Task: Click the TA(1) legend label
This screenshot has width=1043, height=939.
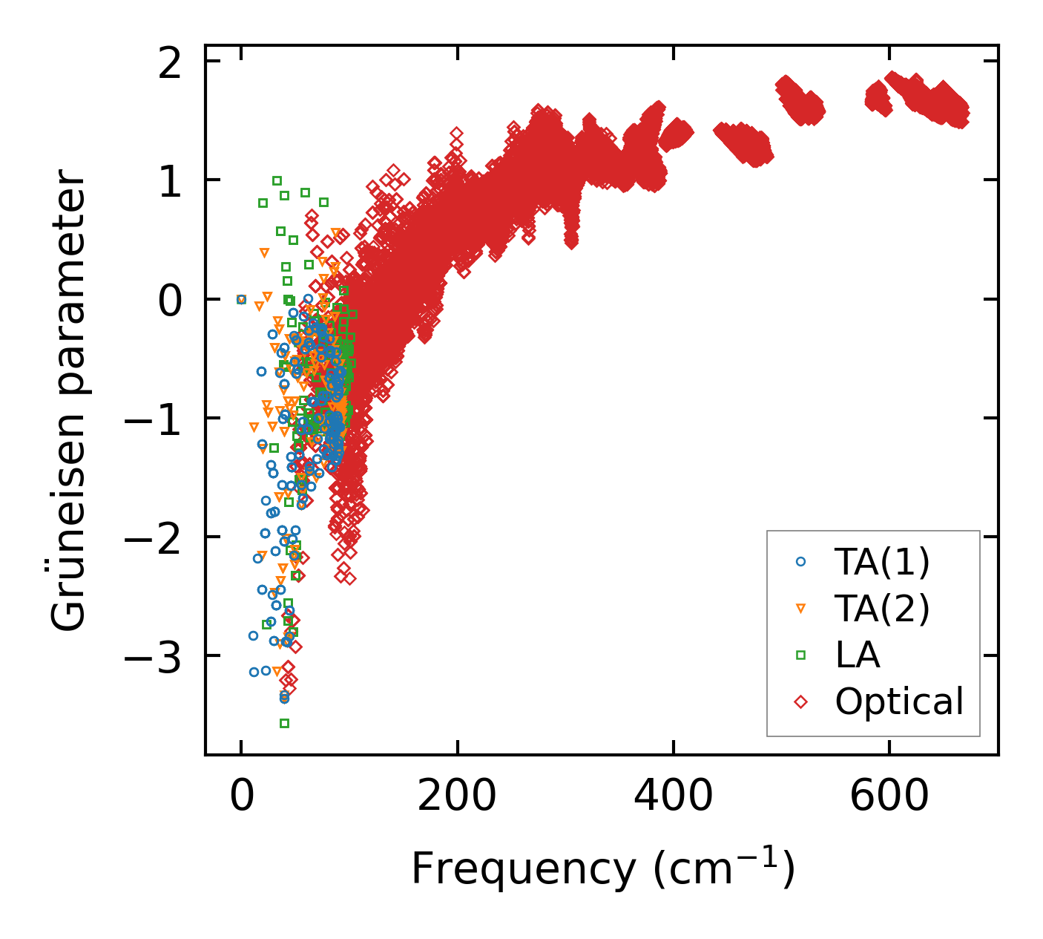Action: [882, 563]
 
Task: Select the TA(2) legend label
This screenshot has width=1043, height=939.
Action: [882, 609]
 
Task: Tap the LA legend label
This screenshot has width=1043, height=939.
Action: [858, 655]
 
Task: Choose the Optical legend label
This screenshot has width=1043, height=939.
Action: [899, 701]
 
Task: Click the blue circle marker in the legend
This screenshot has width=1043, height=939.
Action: [800, 562]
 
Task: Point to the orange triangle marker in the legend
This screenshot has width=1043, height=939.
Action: [800, 609]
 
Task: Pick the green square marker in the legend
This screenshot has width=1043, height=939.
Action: [800, 655]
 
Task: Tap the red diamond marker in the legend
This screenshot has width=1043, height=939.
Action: [800, 701]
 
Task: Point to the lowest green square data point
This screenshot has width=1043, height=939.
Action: [284, 723]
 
